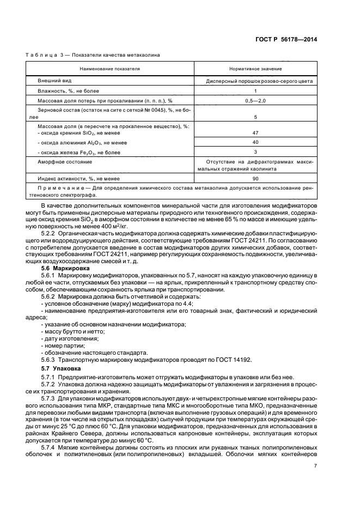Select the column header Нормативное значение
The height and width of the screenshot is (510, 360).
pyautogui.click(x=256, y=69)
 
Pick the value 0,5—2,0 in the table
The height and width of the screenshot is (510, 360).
pyautogui.click(x=256, y=101)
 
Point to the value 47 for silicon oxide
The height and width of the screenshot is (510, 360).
pyautogui.click(x=256, y=132)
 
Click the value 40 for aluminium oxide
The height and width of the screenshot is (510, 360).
pyautogui.click(x=256, y=142)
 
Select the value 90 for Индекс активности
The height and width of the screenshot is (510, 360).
pyautogui.click(x=256, y=178)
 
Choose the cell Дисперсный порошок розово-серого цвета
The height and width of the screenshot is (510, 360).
pyautogui.click(x=256, y=80)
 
